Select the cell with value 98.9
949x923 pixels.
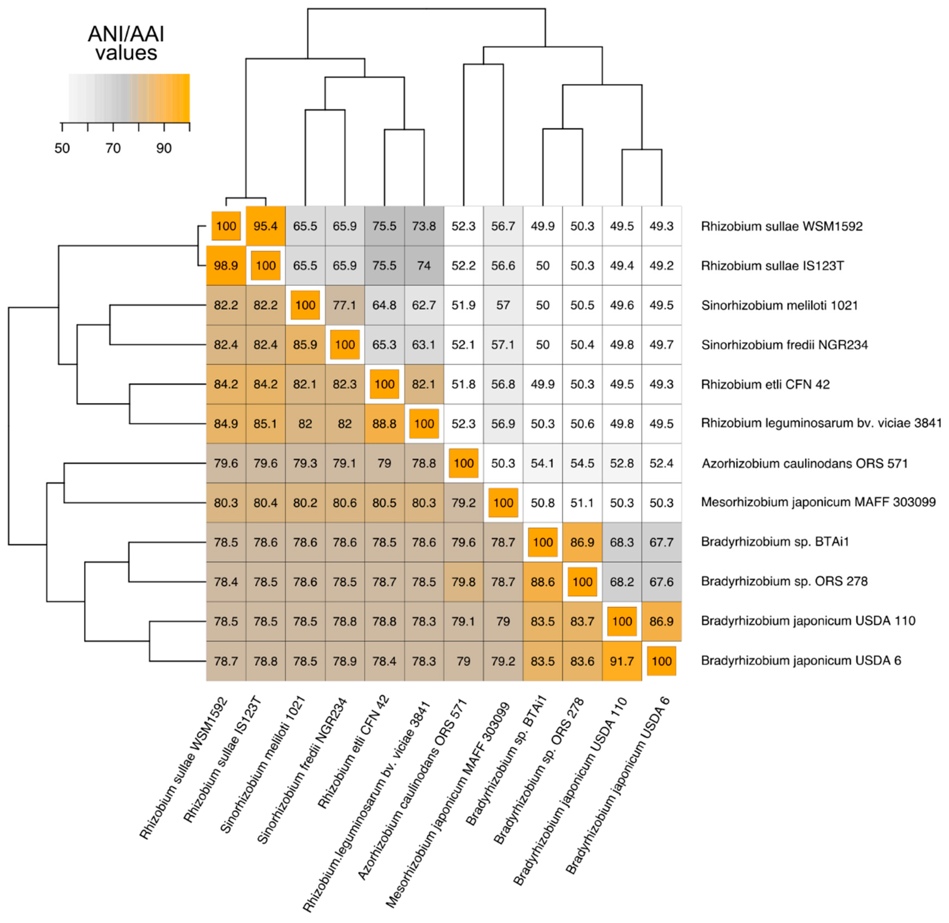tap(226, 266)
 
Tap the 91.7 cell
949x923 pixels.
tap(622, 661)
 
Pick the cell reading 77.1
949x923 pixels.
tap(345, 305)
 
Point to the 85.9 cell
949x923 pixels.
tap(305, 345)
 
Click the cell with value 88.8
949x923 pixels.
tap(384, 424)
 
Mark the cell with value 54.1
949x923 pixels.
tap(542, 464)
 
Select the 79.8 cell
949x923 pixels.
tap(463, 582)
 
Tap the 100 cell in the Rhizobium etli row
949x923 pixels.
tap(384, 384)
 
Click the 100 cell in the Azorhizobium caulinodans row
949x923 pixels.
tap(463, 464)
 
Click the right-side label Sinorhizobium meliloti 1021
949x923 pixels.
tap(779, 305)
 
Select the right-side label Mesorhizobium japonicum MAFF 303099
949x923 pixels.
tap(818, 502)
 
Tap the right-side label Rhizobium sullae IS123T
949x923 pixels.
tap(773, 266)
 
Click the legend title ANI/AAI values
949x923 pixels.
tap(126, 43)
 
